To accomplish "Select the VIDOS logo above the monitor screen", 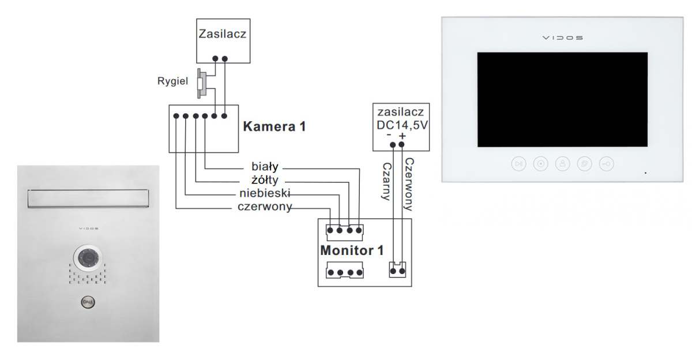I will (x=562, y=38).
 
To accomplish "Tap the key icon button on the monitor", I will (x=606, y=163).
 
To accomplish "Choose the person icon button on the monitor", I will (x=562, y=163).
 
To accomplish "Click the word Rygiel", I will (x=172, y=81).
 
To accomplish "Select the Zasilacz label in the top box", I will (x=223, y=33).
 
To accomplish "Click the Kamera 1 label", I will (x=274, y=126).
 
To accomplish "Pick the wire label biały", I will (x=265, y=167).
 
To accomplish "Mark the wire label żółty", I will (x=265, y=180).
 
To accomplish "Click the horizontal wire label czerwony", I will (x=265, y=207).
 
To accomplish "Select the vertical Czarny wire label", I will (x=386, y=180).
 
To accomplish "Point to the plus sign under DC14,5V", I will (x=402, y=136).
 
